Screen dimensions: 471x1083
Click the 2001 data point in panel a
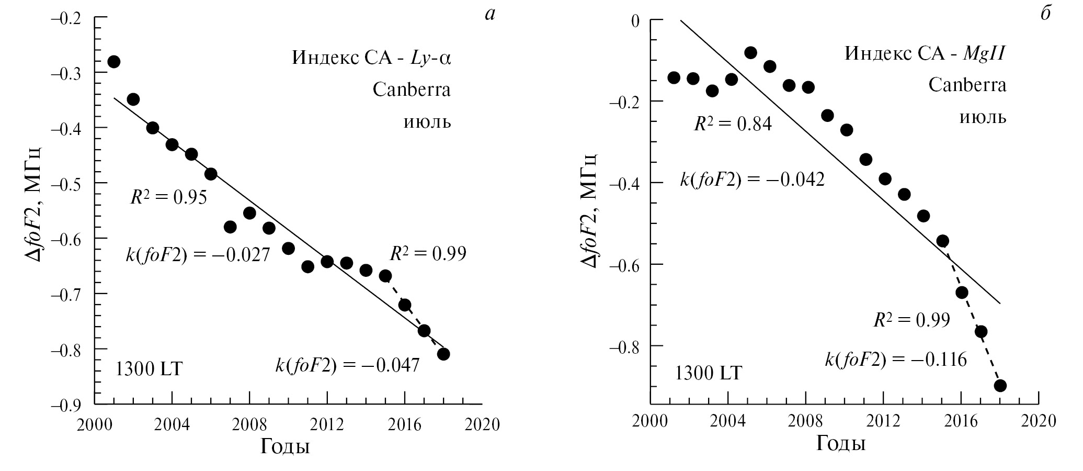click(x=113, y=62)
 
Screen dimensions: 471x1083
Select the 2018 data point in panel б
click(x=1000, y=386)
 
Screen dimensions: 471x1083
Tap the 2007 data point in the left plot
click(x=230, y=227)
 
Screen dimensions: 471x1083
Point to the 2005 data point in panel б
click(x=751, y=52)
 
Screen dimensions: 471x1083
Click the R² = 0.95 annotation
click(x=168, y=197)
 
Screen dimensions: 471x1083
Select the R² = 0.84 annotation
click(x=733, y=124)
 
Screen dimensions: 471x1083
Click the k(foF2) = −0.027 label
click(x=198, y=255)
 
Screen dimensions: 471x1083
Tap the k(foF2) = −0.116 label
click(x=896, y=360)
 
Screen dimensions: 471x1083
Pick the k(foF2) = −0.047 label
click(x=347, y=365)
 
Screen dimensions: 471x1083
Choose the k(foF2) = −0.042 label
click(x=752, y=180)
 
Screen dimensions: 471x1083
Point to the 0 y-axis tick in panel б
click(x=635, y=20)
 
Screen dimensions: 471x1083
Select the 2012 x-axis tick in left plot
click(x=327, y=424)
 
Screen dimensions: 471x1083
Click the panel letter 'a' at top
click(x=489, y=15)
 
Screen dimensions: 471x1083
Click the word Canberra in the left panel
click(x=412, y=89)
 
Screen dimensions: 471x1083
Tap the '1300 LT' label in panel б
click(x=709, y=373)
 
